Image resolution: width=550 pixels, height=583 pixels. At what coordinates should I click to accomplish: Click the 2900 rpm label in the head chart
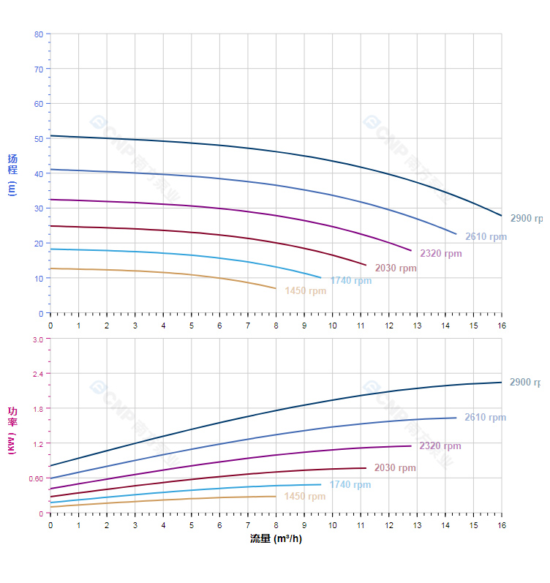(x=527, y=218)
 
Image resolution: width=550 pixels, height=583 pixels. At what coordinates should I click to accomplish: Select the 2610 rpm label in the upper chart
(x=486, y=236)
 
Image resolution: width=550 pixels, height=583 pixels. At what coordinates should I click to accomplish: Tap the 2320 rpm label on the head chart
(x=440, y=253)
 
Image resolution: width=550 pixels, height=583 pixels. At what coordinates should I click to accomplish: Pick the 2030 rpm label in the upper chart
(x=396, y=268)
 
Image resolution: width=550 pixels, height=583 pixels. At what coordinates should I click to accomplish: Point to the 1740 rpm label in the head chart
(x=350, y=280)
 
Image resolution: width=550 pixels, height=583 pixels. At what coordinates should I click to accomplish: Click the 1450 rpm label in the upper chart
(x=306, y=290)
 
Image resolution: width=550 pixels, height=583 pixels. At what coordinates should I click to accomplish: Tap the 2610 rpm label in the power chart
(x=485, y=417)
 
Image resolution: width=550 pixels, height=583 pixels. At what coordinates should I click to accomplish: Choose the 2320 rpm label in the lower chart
(x=440, y=445)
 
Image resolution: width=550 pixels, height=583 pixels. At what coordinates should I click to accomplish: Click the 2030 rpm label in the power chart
(x=395, y=467)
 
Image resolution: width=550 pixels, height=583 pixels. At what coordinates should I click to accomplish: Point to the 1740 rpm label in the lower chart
(x=350, y=484)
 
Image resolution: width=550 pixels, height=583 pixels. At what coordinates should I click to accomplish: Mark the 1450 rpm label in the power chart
(x=305, y=496)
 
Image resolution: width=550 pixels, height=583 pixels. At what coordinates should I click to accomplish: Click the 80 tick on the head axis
(x=38, y=34)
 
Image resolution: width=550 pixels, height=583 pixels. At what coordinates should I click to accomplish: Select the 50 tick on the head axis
(x=38, y=138)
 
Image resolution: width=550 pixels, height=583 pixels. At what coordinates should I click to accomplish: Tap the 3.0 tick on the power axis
(x=37, y=339)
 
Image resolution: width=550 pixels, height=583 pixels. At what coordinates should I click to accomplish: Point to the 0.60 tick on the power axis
(x=36, y=478)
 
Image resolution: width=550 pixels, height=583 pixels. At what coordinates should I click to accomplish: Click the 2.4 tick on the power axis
(x=37, y=374)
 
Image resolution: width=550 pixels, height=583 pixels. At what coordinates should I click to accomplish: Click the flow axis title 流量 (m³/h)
(x=276, y=539)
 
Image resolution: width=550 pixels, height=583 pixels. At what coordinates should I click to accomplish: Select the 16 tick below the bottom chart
(x=501, y=525)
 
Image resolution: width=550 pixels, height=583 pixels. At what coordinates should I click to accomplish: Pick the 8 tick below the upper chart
(x=276, y=325)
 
